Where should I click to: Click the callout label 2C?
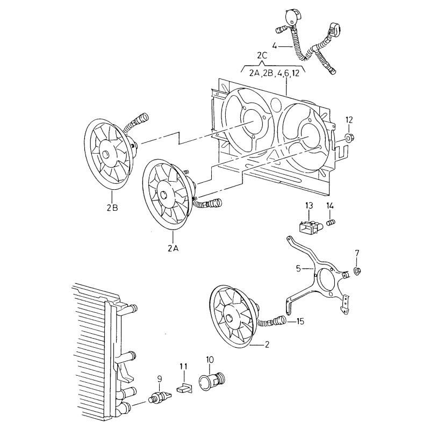tap(262, 55)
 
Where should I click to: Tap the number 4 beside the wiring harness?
tap(275, 46)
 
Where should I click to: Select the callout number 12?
tap(349, 119)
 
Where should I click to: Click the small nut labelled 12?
tap(349, 139)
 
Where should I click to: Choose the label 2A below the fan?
tap(173, 248)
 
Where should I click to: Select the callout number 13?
tap(309, 206)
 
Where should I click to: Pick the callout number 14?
tap(330, 206)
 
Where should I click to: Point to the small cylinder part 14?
tap(332, 222)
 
